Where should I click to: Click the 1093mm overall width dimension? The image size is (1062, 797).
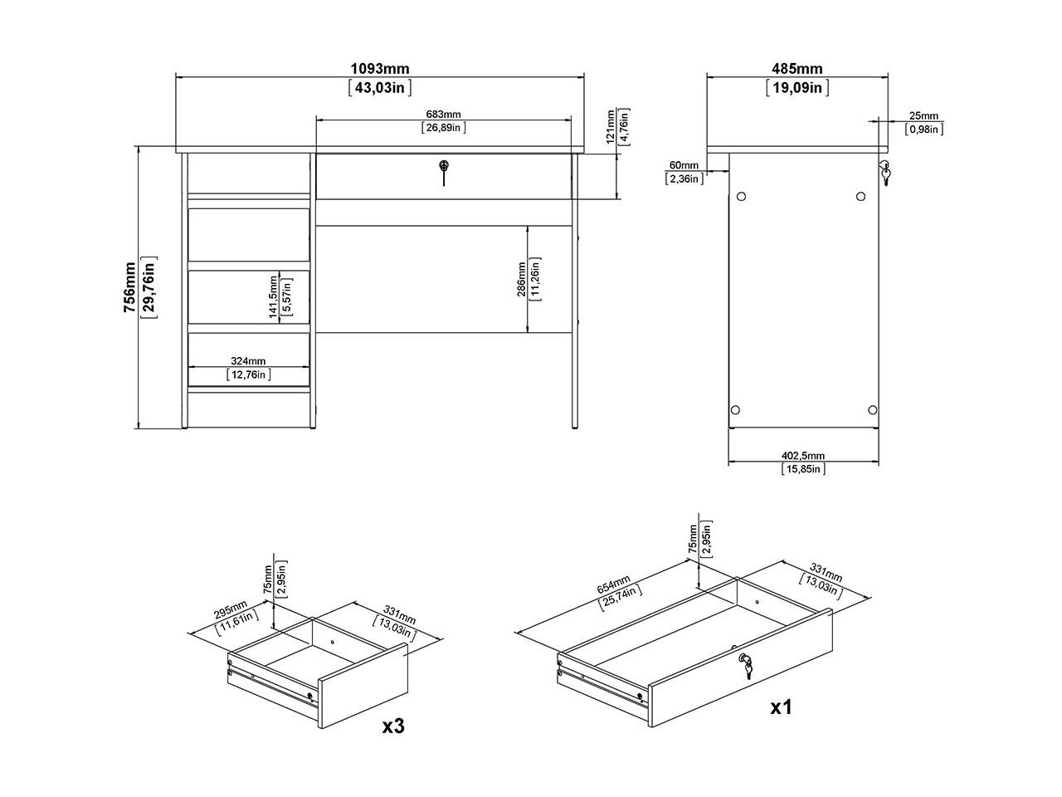click(x=380, y=69)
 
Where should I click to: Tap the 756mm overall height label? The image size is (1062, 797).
click(x=130, y=287)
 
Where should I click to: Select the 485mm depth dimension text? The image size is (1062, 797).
click(x=796, y=69)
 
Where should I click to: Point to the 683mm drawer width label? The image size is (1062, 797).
click(x=443, y=115)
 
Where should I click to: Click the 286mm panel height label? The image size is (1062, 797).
click(x=521, y=279)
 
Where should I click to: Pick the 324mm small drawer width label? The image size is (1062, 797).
click(x=248, y=361)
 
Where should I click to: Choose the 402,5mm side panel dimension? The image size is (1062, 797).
click(x=803, y=456)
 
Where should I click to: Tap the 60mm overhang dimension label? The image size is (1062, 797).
click(x=684, y=165)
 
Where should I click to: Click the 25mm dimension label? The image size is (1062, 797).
click(x=923, y=115)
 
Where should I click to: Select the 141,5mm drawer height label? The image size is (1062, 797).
click(x=273, y=296)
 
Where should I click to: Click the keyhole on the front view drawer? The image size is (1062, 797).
click(x=443, y=166)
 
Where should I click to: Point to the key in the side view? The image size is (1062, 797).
click(x=885, y=173)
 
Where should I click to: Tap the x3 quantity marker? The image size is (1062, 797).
click(x=393, y=726)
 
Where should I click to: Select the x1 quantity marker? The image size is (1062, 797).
click(x=782, y=707)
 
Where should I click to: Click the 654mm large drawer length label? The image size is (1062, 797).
click(x=613, y=584)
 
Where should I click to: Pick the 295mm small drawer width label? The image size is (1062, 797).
click(x=231, y=609)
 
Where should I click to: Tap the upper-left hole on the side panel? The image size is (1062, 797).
click(x=741, y=197)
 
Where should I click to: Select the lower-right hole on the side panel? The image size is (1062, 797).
click(x=872, y=410)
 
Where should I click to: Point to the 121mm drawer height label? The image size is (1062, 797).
click(x=610, y=126)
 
